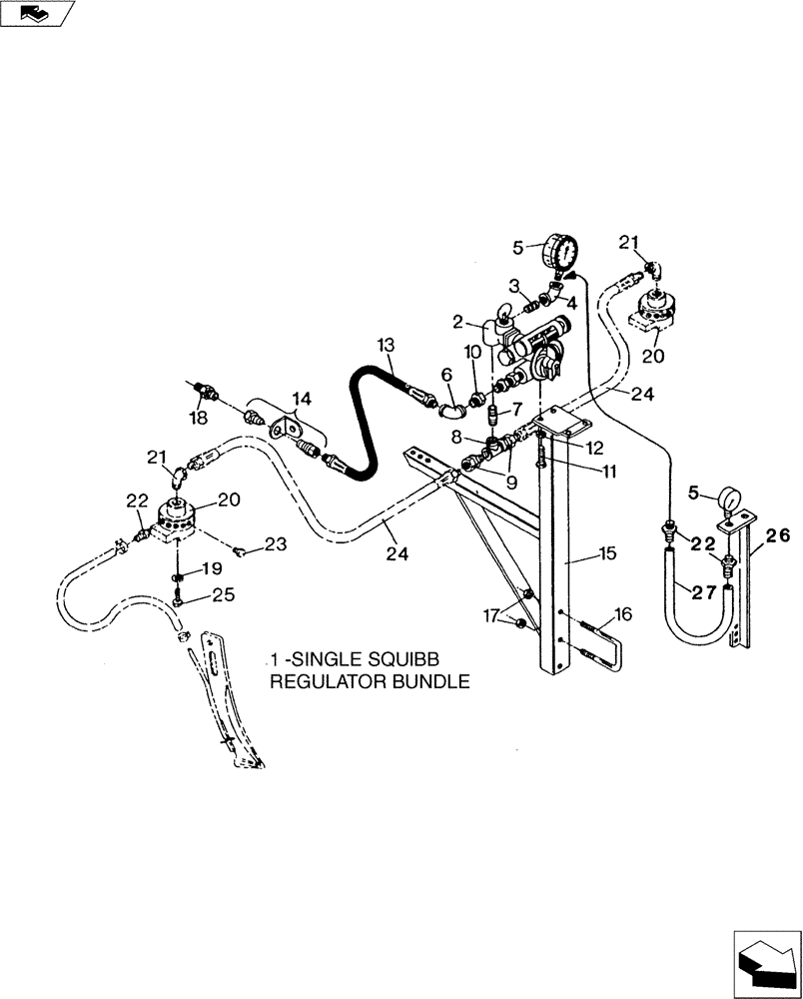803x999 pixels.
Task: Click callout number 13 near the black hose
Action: (386, 344)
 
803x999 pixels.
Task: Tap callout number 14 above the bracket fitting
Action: (301, 398)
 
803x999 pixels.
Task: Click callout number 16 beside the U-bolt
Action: (623, 614)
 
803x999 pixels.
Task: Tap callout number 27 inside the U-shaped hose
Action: (703, 591)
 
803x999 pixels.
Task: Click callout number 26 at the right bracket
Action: (778, 535)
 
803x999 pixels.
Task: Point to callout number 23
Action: (276, 544)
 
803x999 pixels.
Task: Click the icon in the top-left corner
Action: (37, 13)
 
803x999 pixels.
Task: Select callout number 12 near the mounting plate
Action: (595, 447)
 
